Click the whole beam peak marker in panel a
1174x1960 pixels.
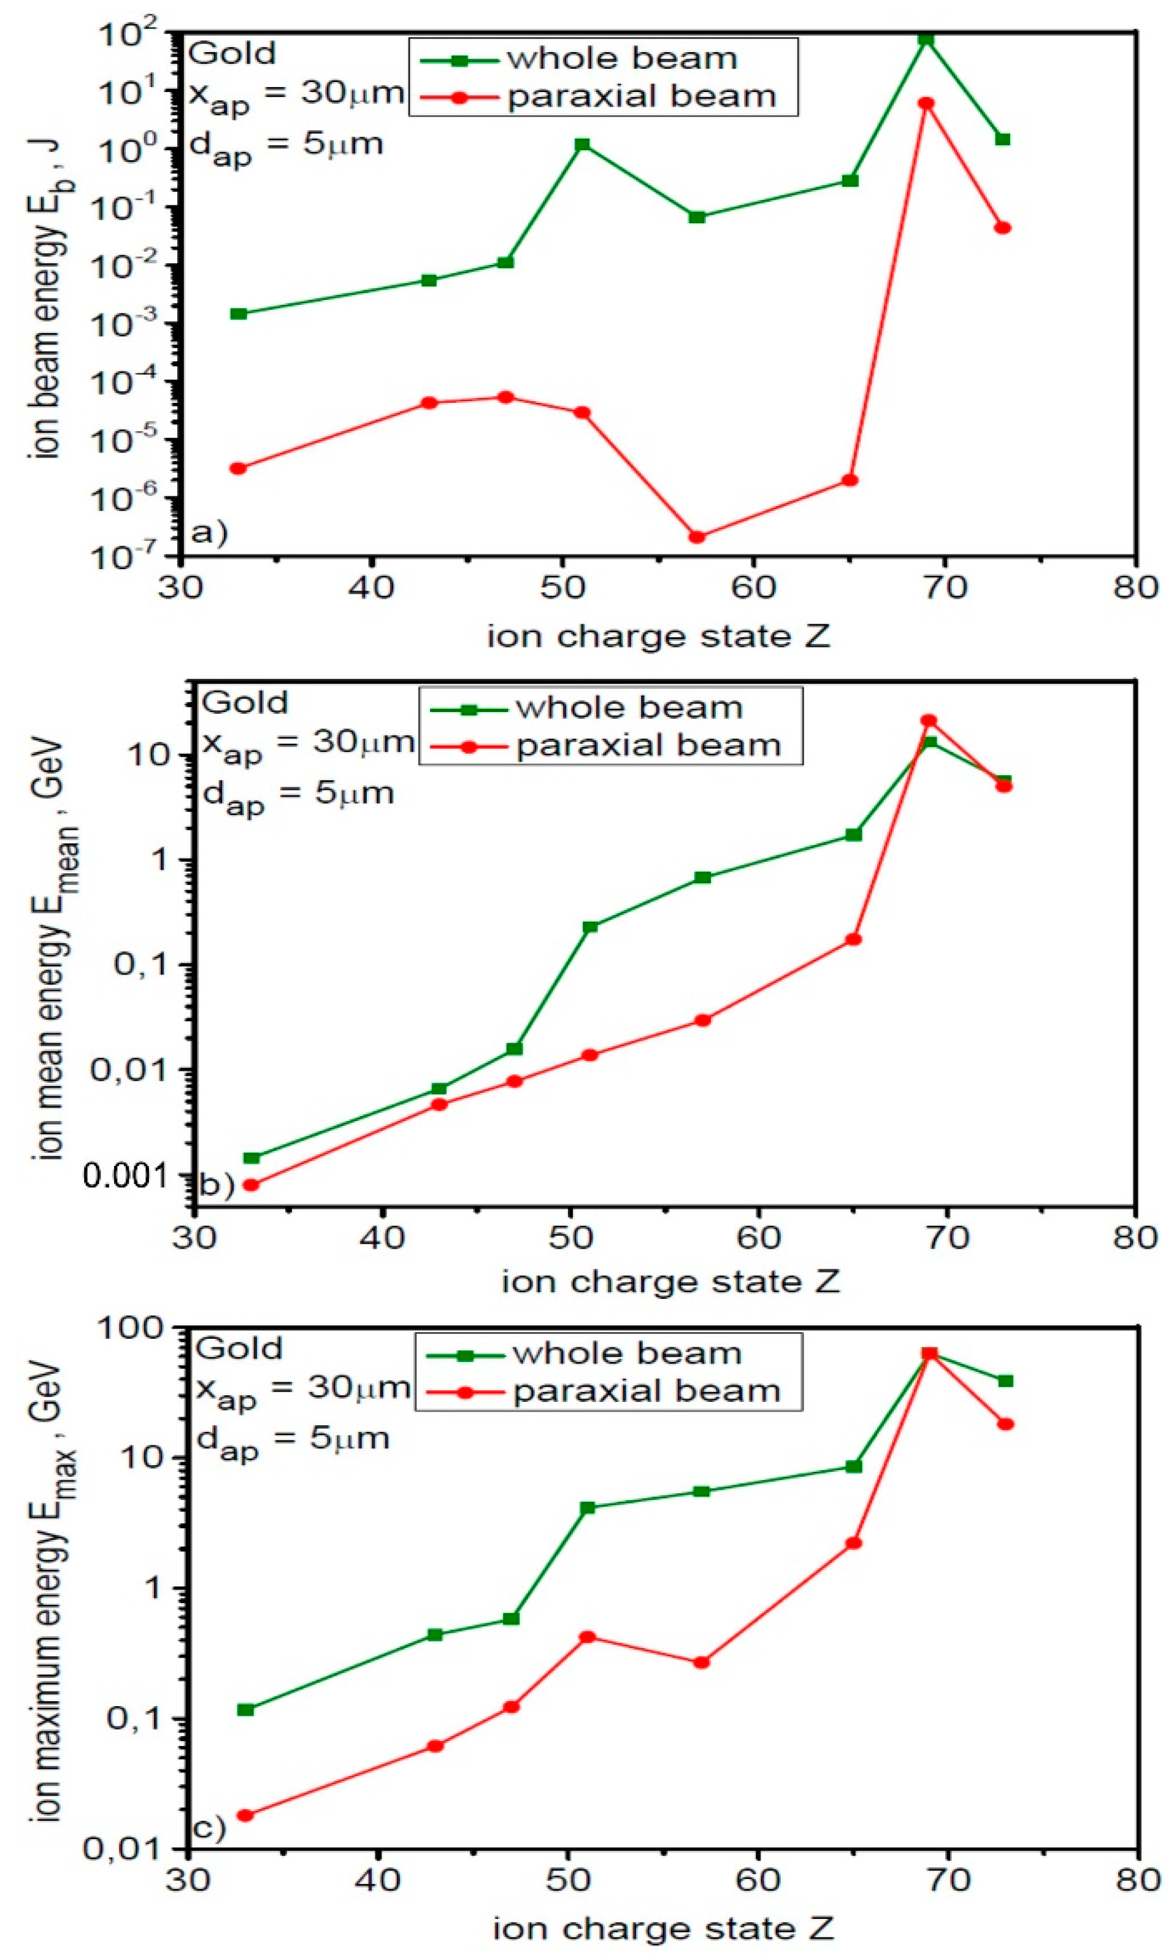926,39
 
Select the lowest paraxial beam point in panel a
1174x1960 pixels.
696,537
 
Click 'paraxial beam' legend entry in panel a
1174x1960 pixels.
642,96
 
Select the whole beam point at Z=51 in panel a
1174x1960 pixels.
582,145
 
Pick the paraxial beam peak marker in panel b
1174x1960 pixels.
929,721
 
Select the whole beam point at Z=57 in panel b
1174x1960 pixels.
702,877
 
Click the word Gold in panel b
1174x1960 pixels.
245,702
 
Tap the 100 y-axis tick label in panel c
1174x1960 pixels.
139,1330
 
